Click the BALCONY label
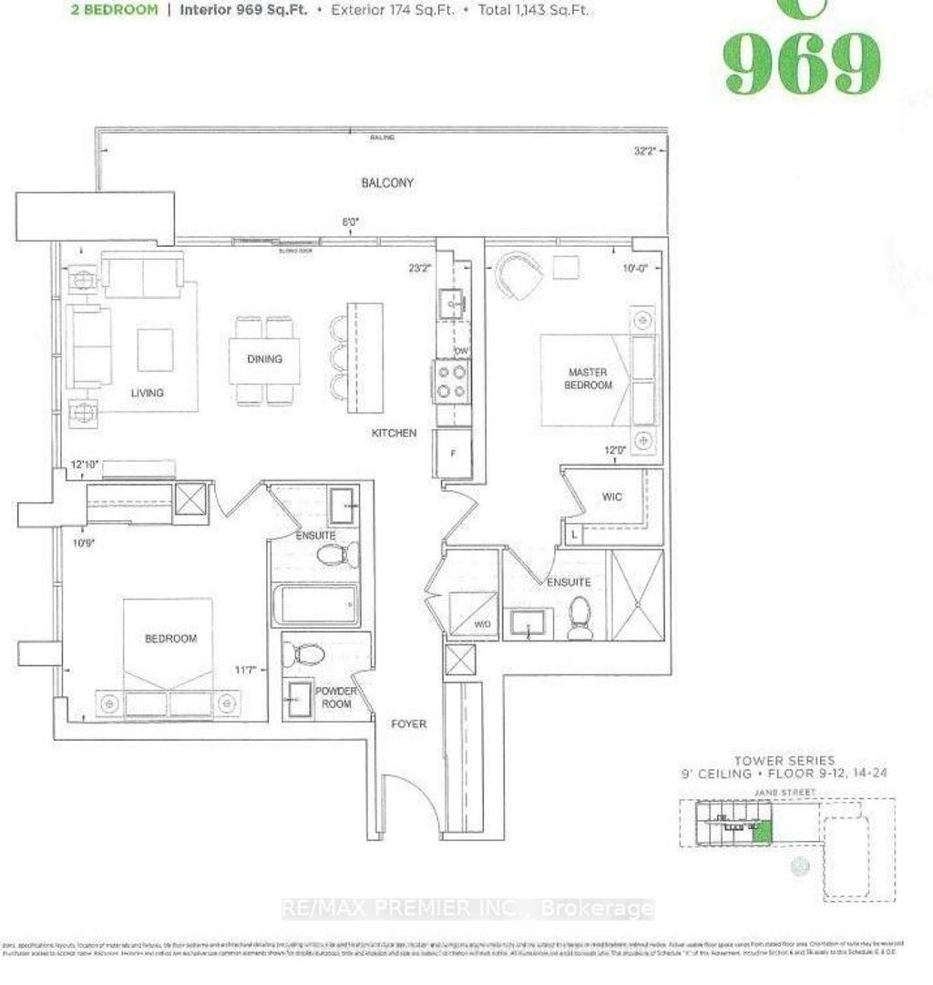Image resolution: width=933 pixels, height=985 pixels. (387, 183)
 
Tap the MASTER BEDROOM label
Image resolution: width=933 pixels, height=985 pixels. (590, 378)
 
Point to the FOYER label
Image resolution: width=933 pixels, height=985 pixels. (407, 724)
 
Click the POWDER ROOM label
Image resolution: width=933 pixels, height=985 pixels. (337, 697)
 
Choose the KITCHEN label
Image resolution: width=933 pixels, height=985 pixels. (395, 433)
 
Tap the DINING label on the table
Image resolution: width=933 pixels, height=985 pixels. (264, 359)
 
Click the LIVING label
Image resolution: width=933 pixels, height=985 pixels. (147, 393)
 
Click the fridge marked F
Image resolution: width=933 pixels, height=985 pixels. (452, 450)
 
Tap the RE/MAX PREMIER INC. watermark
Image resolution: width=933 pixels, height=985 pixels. (467, 908)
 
